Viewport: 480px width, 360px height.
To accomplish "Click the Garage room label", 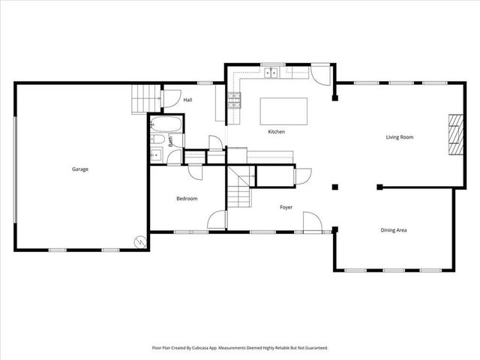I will [80, 169].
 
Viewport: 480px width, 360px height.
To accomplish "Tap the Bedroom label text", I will [187, 198].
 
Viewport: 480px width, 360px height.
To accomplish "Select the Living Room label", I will [400, 137].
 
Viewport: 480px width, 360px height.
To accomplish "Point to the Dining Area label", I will [394, 229].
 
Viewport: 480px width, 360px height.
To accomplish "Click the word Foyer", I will [286, 207].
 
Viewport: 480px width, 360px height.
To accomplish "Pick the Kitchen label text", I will [277, 132].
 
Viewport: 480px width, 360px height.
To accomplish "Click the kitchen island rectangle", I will [284, 111].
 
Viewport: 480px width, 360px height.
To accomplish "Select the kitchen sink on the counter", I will [271, 73].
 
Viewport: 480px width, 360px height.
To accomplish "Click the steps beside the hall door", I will [145, 97].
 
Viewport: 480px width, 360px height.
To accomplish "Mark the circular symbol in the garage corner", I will [140, 241].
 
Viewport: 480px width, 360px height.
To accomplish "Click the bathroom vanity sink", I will [156, 156].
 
